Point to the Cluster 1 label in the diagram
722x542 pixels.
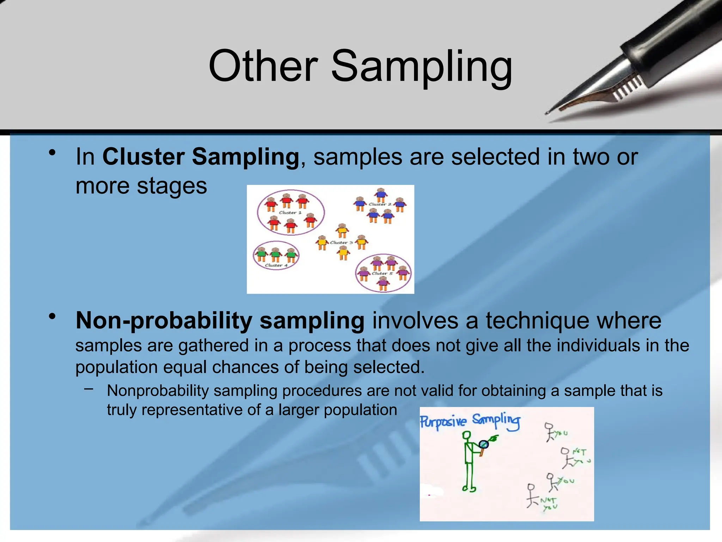(290, 212)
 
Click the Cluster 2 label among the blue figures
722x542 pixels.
(380, 204)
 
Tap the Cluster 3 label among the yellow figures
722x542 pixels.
(341, 242)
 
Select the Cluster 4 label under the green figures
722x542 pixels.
(276, 265)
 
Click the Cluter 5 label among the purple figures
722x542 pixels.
(382, 273)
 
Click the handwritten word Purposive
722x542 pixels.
(443, 422)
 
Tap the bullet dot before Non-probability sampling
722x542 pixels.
(52, 316)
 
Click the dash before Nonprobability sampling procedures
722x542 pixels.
(89, 389)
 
